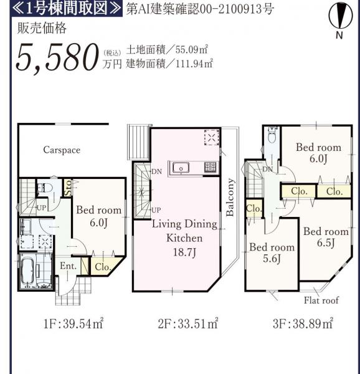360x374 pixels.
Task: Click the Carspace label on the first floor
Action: [x=62, y=150]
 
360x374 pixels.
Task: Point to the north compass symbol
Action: [x=340, y=21]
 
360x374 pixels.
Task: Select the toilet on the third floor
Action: [x=272, y=135]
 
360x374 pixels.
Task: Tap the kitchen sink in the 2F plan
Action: [x=181, y=168]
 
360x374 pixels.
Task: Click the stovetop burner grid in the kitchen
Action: [x=211, y=166]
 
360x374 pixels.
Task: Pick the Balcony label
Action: [x=230, y=197]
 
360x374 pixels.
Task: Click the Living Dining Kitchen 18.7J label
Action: [x=184, y=238]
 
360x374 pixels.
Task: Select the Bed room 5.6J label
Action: [x=272, y=253]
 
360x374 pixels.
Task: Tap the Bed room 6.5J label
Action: [x=326, y=237]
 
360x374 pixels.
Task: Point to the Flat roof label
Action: [x=321, y=300]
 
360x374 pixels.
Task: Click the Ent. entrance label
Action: [x=68, y=266]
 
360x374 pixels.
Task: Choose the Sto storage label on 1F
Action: [x=68, y=188]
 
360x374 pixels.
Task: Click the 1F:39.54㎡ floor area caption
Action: [x=73, y=324]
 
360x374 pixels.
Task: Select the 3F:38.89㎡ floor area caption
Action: [x=303, y=324]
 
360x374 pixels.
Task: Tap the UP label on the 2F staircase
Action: [x=156, y=210]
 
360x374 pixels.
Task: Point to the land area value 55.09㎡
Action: [x=192, y=49]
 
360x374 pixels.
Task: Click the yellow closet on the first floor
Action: [x=105, y=266]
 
